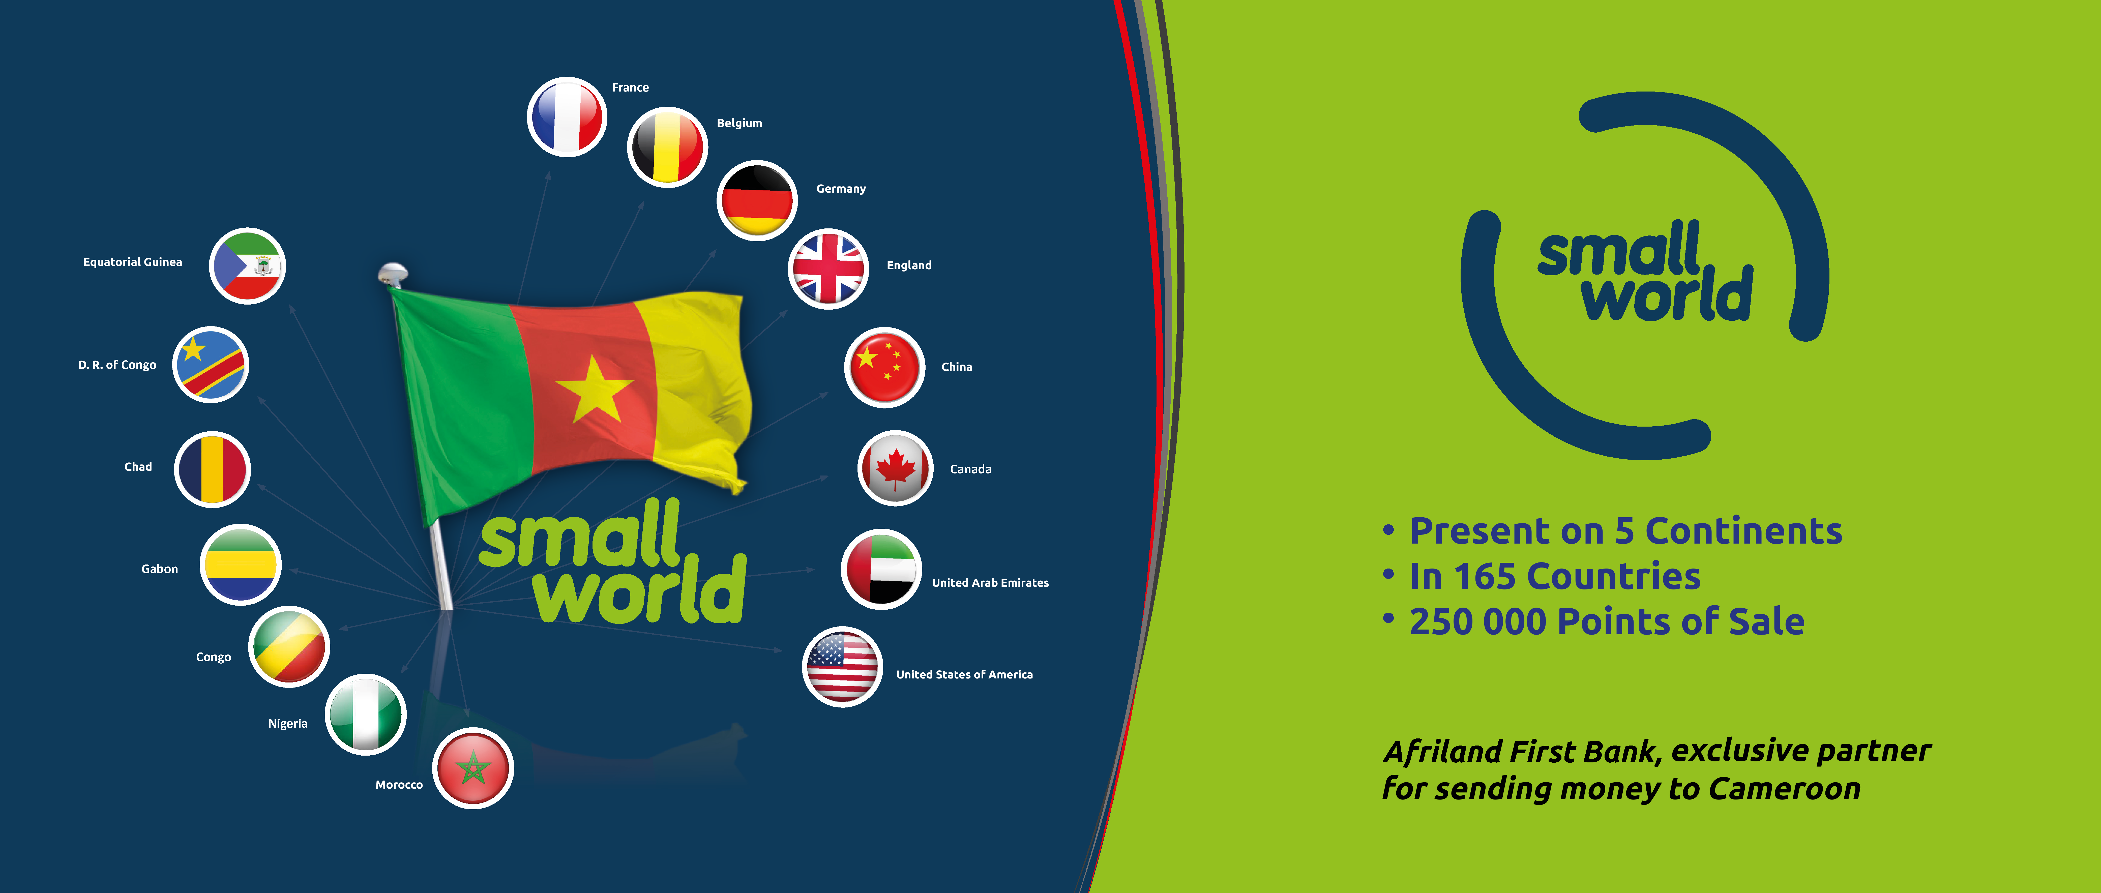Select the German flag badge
(x=757, y=200)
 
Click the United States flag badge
(x=843, y=666)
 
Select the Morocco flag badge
(x=473, y=768)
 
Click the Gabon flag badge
(x=241, y=564)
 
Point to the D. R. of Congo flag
(x=211, y=365)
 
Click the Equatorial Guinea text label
(x=132, y=262)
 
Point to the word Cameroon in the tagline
(x=1785, y=789)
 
